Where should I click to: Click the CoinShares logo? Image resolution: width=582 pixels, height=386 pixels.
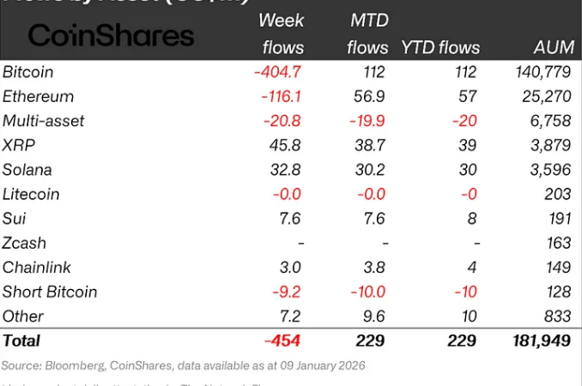(112, 35)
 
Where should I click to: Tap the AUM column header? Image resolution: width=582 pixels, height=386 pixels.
(550, 48)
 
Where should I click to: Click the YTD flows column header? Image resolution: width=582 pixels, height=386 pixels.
(440, 48)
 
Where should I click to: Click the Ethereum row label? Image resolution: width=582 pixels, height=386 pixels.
(39, 96)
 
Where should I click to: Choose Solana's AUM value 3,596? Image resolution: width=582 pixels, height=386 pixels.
(550, 170)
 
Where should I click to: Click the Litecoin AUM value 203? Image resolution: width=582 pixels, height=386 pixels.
(558, 194)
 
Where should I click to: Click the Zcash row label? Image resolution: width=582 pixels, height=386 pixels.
(27, 243)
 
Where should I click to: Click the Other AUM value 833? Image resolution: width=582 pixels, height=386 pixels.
(558, 316)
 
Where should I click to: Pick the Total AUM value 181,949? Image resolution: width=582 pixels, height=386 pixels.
(540, 341)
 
